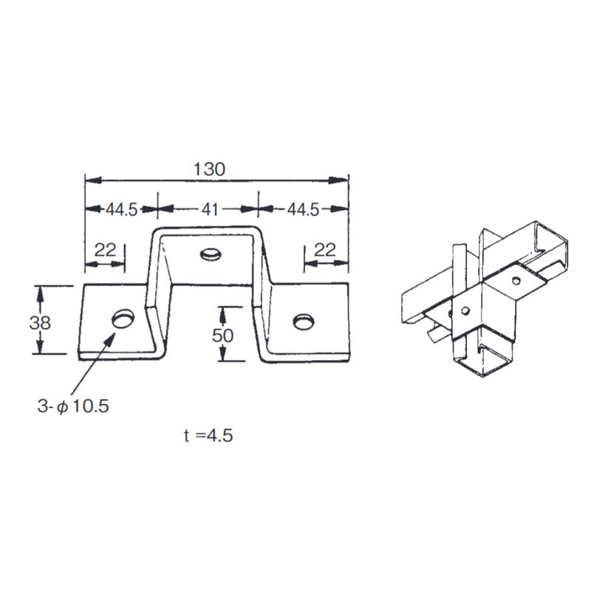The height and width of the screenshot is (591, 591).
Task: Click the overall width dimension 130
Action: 209,168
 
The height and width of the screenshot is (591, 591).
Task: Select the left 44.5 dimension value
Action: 121,210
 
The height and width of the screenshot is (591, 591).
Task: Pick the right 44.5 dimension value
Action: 302,210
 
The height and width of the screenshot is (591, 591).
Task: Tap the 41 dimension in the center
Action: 211,210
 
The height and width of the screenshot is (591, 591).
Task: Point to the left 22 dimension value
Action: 106,250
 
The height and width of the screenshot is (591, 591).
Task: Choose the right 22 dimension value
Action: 325,250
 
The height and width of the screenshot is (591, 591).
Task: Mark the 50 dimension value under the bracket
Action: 222,335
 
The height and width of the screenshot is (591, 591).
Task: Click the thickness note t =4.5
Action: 208,435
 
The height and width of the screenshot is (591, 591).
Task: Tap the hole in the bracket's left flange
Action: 122,318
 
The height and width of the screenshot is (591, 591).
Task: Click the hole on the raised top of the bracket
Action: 211,255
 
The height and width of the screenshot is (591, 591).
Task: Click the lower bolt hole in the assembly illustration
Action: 465,310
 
